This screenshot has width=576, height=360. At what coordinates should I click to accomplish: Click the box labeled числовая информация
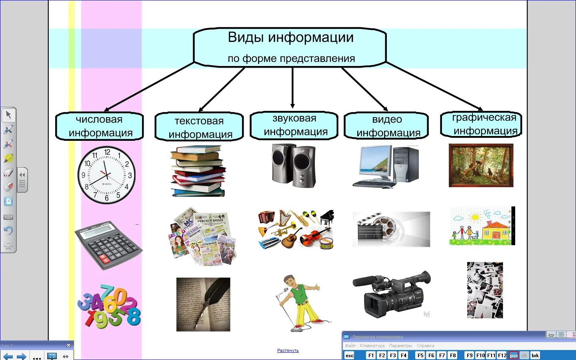(x=99, y=126)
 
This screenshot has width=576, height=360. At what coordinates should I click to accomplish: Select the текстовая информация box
(x=199, y=127)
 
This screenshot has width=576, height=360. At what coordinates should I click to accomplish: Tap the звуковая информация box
(x=294, y=126)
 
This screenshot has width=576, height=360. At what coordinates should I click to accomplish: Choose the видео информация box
(x=387, y=126)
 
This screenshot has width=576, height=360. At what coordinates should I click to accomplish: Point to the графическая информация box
(x=482, y=124)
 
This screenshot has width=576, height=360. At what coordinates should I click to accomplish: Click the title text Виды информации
(x=290, y=38)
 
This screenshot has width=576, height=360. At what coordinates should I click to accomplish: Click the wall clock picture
(x=106, y=175)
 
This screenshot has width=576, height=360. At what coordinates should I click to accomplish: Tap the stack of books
(x=198, y=171)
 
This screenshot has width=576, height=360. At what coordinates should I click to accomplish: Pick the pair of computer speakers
(x=294, y=166)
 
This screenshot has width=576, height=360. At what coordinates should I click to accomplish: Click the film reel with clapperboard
(x=390, y=229)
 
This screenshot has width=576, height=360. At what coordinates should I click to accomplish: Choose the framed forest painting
(x=481, y=165)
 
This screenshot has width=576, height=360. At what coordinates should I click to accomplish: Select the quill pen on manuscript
(x=203, y=304)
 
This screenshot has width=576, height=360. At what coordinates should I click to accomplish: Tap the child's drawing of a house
(x=481, y=226)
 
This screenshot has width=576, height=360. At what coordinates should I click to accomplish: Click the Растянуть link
(x=288, y=350)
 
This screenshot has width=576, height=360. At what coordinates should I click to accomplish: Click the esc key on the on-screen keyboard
(x=350, y=355)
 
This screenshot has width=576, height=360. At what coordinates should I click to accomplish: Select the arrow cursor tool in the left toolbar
(x=8, y=115)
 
